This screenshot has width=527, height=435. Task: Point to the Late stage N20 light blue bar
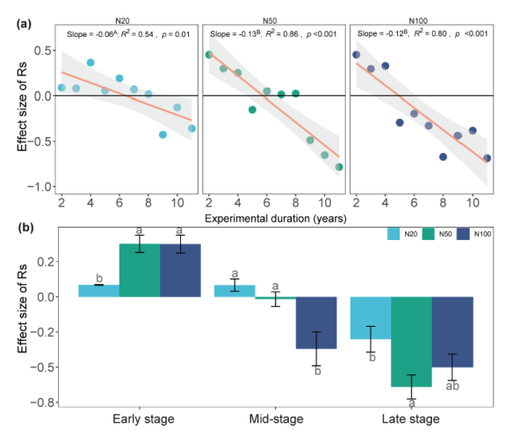click(370, 317)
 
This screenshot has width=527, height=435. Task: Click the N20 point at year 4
click(90, 62)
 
